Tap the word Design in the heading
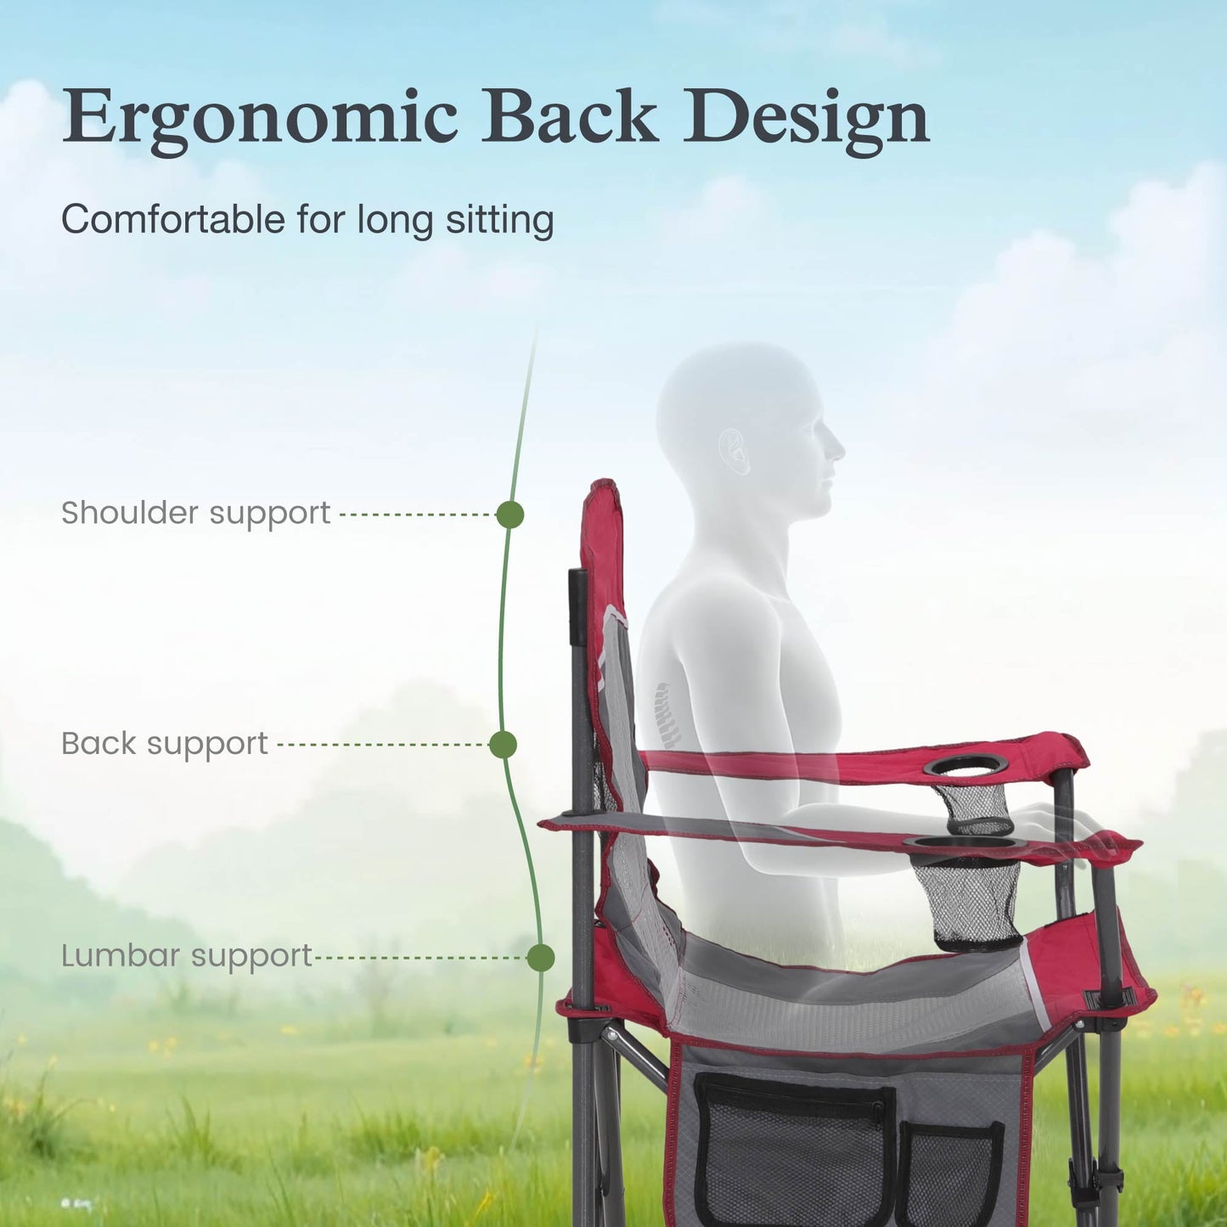tap(807, 117)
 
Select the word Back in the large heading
tap(571, 115)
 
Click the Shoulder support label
tap(195, 514)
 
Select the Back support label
tap(165, 744)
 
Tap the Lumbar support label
tap(187, 957)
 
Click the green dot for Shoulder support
tap(509, 515)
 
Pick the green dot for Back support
tap(503, 745)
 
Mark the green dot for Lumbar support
tap(541, 958)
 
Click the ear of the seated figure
tap(735, 451)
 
